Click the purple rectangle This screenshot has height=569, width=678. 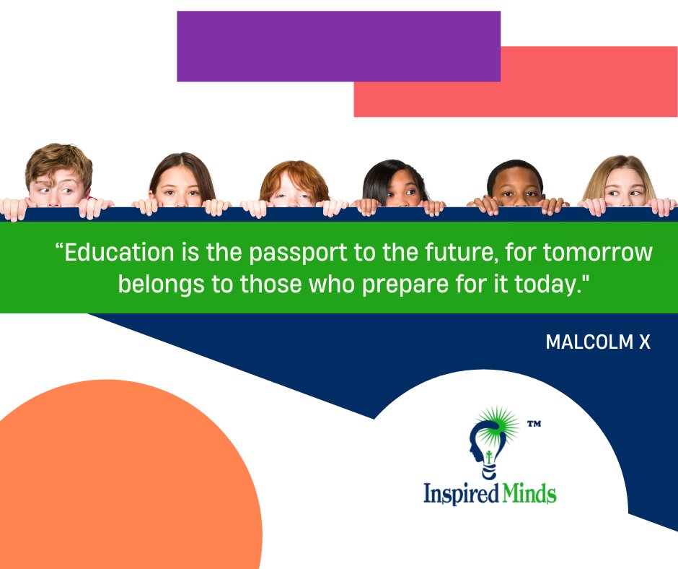338,45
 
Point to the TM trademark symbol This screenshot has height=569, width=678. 534,425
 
